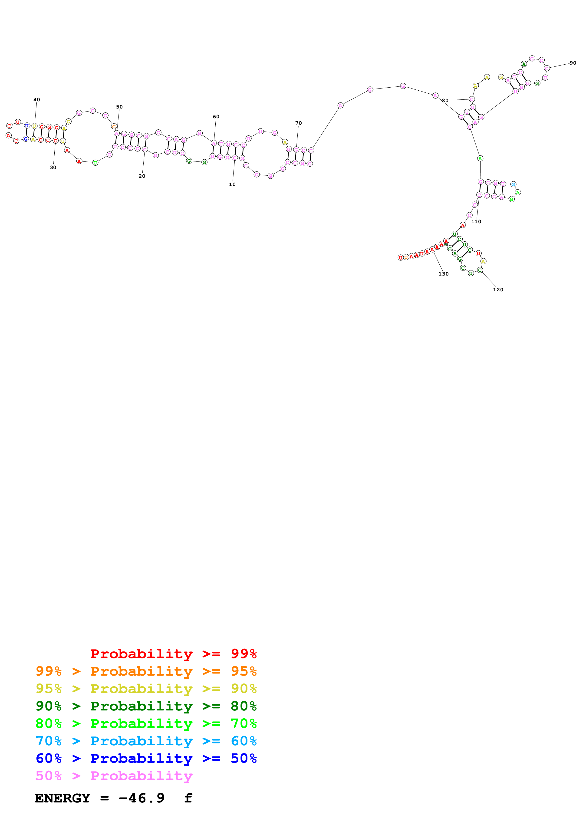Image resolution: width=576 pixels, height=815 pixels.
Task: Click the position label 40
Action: point(36,100)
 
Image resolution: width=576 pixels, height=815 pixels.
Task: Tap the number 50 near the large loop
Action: point(119,107)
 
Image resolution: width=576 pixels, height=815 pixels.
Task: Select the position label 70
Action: point(299,123)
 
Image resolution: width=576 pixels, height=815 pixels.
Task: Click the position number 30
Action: point(53,168)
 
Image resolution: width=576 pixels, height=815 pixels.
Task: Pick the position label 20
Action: point(142,176)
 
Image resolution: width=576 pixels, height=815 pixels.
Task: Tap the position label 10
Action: point(232,184)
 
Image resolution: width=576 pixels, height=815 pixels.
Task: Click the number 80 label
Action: point(445,100)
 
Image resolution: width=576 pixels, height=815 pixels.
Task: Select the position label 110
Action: point(476,221)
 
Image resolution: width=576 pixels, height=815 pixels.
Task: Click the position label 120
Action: point(498,290)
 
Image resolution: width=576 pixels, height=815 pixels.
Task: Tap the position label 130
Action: point(443,274)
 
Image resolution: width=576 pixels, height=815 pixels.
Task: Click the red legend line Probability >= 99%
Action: point(173,654)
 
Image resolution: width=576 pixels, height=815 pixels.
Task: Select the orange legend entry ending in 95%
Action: point(146,671)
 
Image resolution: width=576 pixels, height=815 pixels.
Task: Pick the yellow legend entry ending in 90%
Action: point(146,689)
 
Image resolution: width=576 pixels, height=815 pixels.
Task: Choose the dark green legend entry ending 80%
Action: point(146,706)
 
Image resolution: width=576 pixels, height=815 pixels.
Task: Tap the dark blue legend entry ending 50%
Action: point(146,758)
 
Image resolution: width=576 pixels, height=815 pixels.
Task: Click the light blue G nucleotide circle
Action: point(513,184)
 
